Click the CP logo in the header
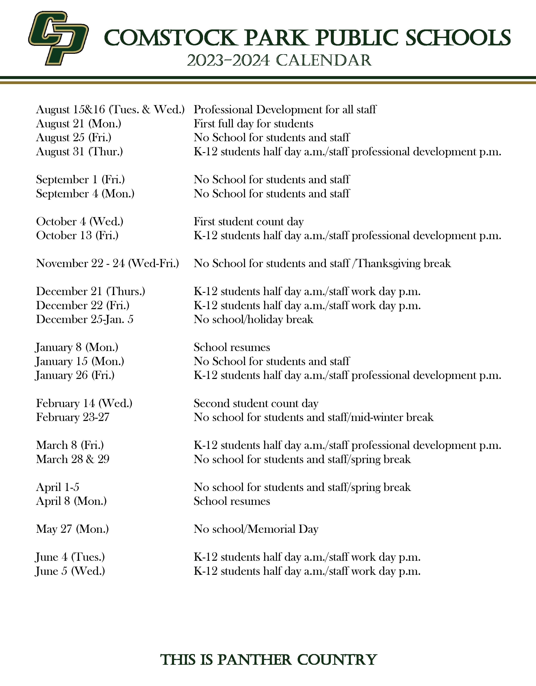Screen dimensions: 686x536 coord(58,38)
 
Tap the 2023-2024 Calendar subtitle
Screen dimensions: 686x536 coord(279,60)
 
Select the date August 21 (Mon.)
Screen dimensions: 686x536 coord(79,124)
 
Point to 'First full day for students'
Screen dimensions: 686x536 coord(253,124)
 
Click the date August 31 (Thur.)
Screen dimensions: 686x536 coord(79,152)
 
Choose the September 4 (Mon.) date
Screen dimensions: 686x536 coord(85,194)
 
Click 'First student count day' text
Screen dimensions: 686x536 coord(248,222)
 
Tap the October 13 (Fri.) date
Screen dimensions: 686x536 coord(77,236)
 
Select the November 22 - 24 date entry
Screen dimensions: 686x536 coord(107,264)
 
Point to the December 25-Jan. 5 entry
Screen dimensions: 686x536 coord(84,319)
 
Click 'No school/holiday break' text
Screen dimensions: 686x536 coord(253,319)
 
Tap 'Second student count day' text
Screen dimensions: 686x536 coord(256,403)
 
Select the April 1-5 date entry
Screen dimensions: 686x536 coord(58,487)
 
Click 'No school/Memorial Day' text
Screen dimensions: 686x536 coord(256,529)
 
